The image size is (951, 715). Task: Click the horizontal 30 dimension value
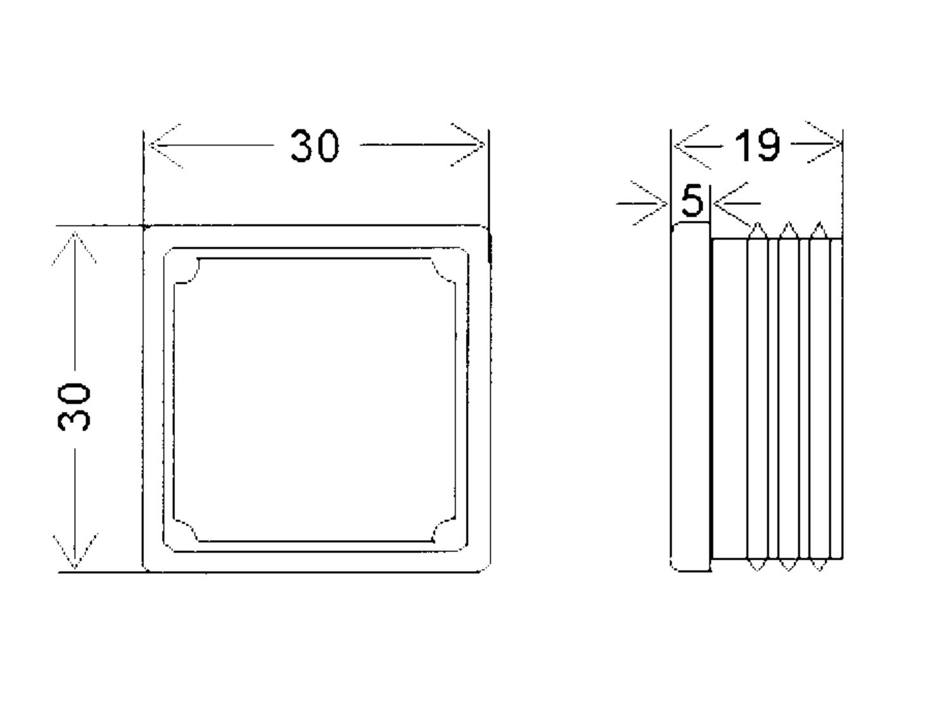tap(314, 146)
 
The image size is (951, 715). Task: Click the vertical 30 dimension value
tap(74, 407)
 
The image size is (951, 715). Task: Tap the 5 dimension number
tap(692, 200)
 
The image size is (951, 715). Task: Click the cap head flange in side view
tap(690, 397)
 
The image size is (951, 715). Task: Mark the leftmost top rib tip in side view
tap(758, 223)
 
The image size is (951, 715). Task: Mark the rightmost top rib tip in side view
tap(819, 222)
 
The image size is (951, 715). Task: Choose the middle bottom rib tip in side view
tap(788, 570)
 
